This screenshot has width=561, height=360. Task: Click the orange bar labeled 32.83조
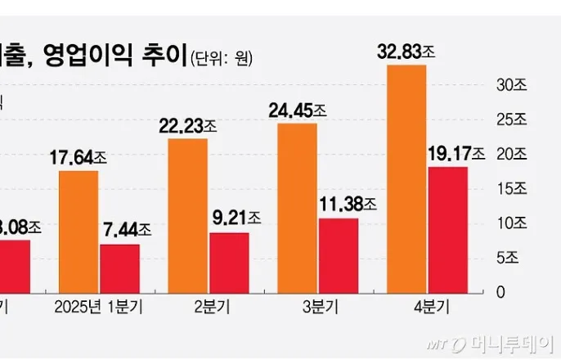[x=406, y=178]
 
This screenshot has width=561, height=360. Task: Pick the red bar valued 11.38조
[x=339, y=255]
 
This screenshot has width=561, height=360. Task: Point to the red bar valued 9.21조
[x=229, y=263]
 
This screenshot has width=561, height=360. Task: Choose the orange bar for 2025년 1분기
[x=79, y=232]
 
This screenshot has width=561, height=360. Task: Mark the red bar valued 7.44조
[x=119, y=268]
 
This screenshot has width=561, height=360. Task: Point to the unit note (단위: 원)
[x=222, y=59]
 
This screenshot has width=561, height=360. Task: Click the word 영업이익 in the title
[x=85, y=56]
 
